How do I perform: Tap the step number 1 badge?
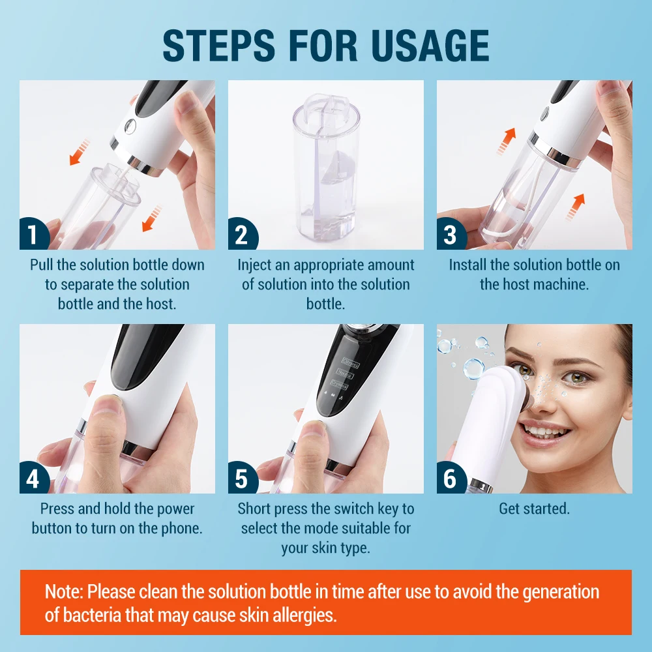[33, 235]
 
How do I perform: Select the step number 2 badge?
[241, 235]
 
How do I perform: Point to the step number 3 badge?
[450, 235]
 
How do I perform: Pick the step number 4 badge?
[33, 479]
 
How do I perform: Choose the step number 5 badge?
[241, 479]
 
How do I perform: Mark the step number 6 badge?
[450, 479]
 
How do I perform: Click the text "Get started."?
[534, 509]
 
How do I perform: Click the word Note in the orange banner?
[63, 592]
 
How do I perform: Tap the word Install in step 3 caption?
[467, 265]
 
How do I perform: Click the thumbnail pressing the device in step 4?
[108, 407]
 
